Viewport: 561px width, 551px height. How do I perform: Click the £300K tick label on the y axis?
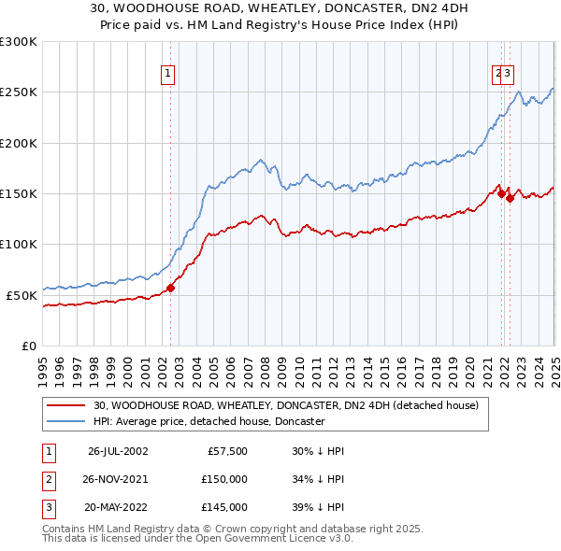pyautogui.click(x=19, y=42)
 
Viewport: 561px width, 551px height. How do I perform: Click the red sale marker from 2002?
pyautogui.click(x=171, y=288)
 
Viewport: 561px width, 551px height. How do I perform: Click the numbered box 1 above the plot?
pyautogui.click(x=167, y=77)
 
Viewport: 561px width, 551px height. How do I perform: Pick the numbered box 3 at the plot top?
pyautogui.click(x=510, y=77)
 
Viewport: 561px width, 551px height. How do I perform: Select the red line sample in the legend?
pyautogui.click(x=66, y=406)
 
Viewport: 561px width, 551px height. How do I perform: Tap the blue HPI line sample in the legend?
pyautogui.click(x=66, y=421)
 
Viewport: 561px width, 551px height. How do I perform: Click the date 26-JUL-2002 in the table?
pyautogui.click(x=118, y=451)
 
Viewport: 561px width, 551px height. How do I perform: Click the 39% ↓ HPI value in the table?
pyautogui.click(x=318, y=507)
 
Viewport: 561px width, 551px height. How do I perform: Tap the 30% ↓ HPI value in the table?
pyautogui.click(x=318, y=451)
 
